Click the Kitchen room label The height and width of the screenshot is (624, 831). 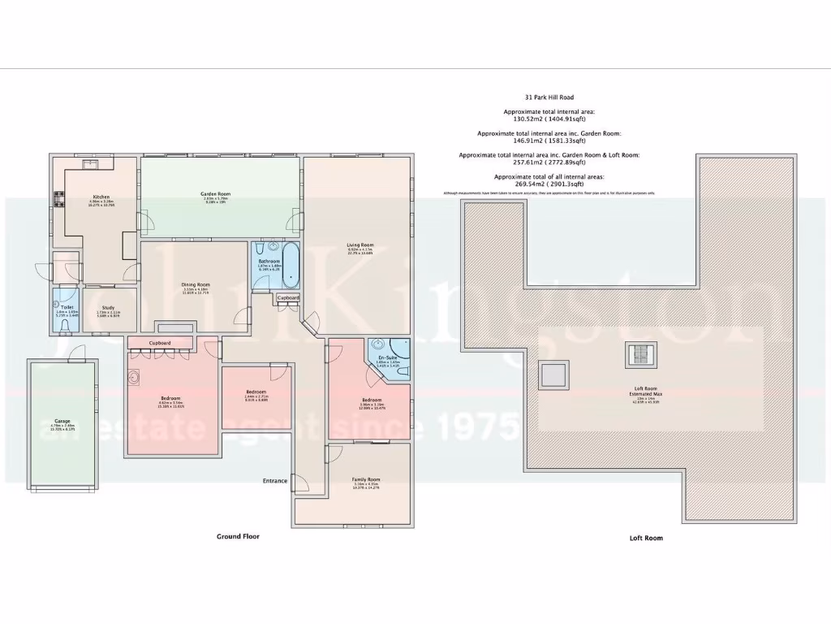pyautogui.click(x=101, y=197)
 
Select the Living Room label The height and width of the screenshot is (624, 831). pyautogui.click(x=360, y=245)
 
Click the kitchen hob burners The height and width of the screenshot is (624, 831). pyautogui.click(x=58, y=197)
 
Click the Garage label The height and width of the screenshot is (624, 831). pyautogui.click(x=62, y=421)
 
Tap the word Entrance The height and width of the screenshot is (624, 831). pyautogui.click(x=274, y=481)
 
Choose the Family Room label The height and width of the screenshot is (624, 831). pyautogui.click(x=366, y=479)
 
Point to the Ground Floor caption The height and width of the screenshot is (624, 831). pyautogui.click(x=238, y=536)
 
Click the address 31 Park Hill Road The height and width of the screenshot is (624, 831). pyautogui.click(x=549, y=97)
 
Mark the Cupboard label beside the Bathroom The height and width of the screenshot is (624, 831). pyautogui.click(x=288, y=298)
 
